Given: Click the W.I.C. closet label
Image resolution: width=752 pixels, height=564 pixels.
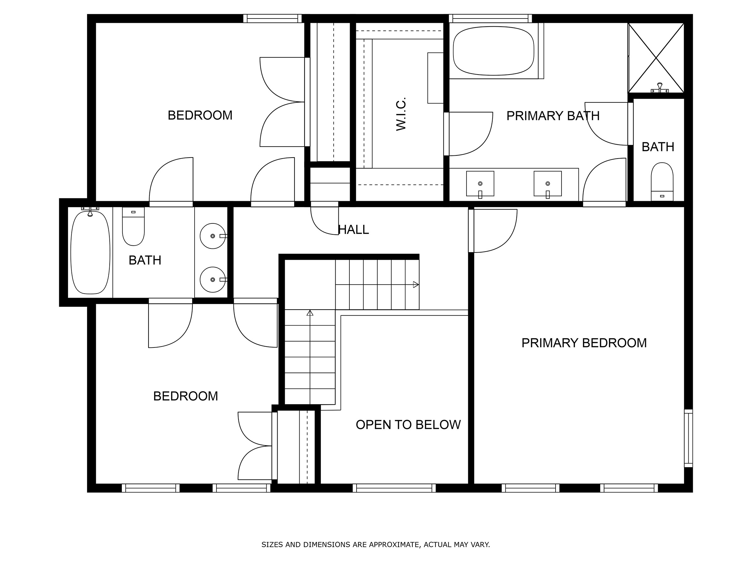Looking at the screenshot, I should [x=401, y=114].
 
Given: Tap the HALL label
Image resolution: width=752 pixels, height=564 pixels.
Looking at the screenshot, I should [x=353, y=230].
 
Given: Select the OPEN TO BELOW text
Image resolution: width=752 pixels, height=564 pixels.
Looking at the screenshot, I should [x=408, y=425].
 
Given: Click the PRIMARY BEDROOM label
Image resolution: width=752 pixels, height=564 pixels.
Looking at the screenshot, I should [x=584, y=343].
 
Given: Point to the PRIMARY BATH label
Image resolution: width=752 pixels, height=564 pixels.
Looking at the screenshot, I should [x=553, y=116].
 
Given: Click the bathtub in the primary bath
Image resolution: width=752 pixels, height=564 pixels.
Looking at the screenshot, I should [x=493, y=51].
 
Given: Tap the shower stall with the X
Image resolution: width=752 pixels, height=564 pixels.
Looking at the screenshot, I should [x=656, y=58].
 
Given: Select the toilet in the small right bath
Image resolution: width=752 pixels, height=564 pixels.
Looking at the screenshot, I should [x=661, y=182].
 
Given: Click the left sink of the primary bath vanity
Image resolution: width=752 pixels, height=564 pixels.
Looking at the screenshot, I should [x=480, y=184].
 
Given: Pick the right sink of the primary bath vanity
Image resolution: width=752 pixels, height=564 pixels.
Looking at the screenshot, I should [x=547, y=184].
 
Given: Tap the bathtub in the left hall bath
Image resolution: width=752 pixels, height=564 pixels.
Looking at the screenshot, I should [x=90, y=252].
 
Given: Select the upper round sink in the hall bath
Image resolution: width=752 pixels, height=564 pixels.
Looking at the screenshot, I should [x=213, y=236].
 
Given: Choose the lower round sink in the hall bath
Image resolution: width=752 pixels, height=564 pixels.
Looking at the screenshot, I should [x=213, y=279].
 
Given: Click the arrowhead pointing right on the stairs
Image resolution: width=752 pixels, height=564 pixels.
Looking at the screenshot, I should [x=416, y=285].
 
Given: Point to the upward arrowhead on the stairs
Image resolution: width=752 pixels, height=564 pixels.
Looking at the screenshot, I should [x=310, y=313].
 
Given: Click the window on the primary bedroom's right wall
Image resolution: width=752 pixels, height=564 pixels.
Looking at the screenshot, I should [x=688, y=438].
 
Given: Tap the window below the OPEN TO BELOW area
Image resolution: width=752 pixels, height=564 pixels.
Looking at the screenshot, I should [x=394, y=488].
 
